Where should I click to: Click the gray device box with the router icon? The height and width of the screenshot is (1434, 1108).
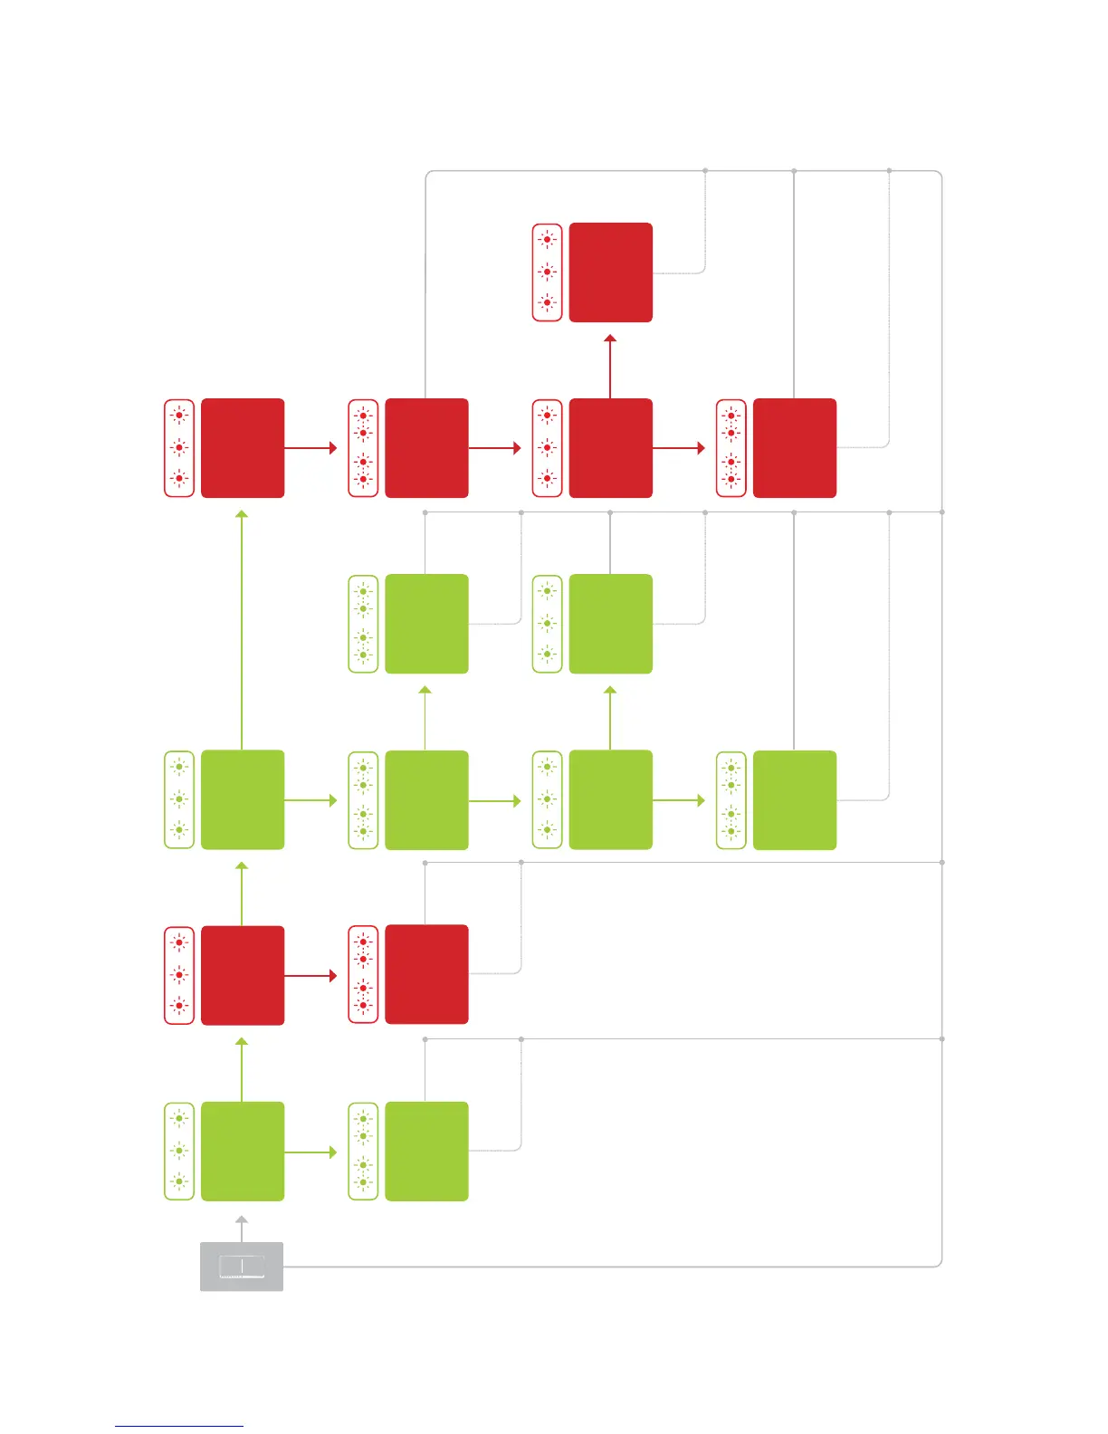[x=242, y=1267]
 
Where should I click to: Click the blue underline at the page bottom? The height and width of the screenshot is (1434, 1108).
[x=178, y=1426]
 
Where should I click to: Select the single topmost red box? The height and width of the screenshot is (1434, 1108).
[x=611, y=272]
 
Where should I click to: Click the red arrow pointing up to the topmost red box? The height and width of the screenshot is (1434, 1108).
[x=610, y=367]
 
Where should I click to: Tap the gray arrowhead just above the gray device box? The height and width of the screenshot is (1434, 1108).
[x=242, y=1221]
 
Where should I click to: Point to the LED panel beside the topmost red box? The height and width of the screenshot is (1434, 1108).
[x=547, y=272]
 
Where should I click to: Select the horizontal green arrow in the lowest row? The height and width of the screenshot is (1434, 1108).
[x=310, y=1152]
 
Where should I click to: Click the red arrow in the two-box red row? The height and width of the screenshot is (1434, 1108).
[x=310, y=976]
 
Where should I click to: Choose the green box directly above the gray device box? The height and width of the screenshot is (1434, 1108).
[x=242, y=1152]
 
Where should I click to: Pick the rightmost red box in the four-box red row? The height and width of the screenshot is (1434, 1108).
[x=795, y=448]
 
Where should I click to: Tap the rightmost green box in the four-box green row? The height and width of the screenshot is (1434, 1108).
[x=795, y=800]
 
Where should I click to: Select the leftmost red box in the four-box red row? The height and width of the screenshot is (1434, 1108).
[x=242, y=448]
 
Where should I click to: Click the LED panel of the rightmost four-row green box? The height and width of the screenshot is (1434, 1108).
[x=731, y=800]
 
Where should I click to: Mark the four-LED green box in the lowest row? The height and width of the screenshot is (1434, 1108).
[x=426, y=1152]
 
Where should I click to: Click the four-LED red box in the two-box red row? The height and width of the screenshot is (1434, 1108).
[x=426, y=975]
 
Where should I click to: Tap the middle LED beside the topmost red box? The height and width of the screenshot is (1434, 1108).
[x=547, y=272]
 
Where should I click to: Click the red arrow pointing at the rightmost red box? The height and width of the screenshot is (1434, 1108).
[x=678, y=448]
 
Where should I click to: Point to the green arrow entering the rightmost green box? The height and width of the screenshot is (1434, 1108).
[x=678, y=800]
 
